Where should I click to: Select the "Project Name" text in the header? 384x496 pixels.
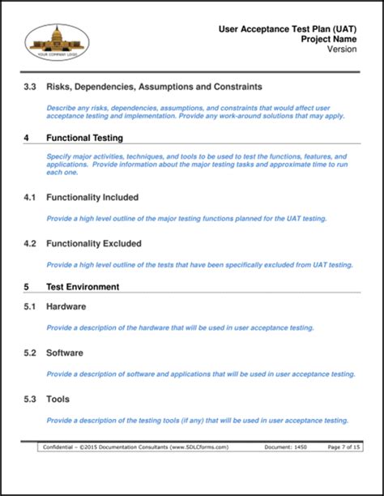[x=329, y=39]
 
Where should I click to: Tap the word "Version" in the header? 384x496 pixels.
[x=343, y=49]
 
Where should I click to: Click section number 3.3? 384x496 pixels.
[x=30, y=86]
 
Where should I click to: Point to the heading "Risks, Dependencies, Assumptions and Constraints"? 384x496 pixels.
[x=154, y=86]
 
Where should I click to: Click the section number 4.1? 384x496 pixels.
[x=30, y=197]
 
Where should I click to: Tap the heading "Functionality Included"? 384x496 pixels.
[x=92, y=197]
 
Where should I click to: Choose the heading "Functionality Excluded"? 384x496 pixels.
[x=94, y=243]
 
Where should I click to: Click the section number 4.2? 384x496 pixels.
[x=30, y=243]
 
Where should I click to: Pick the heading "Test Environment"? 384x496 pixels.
[x=83, y=287]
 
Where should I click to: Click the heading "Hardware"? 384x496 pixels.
[x=66, y=306]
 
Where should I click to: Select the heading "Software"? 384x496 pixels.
[x=65, y=353]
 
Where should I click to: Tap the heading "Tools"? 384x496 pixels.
[x=58, y=400]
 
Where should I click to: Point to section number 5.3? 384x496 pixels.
[x=30, y=400]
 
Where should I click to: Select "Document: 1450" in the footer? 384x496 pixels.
[x=285, y=447]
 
